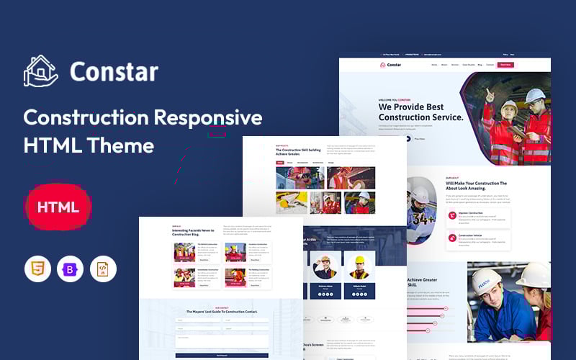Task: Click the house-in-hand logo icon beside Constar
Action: [40, 71]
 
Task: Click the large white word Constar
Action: [114, 71]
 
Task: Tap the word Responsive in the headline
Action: [210, 117]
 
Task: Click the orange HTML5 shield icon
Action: [37, 269]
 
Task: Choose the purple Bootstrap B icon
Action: [70, 269]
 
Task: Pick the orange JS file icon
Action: [102, 269]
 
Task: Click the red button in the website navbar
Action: [505, 65]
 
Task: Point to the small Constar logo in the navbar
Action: [391, 65]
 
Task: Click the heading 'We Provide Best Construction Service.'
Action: [420, 112]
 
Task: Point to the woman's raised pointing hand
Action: [490, 94]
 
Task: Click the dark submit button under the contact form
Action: [221, 355]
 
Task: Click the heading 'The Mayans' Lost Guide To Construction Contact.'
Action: [221, 310]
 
